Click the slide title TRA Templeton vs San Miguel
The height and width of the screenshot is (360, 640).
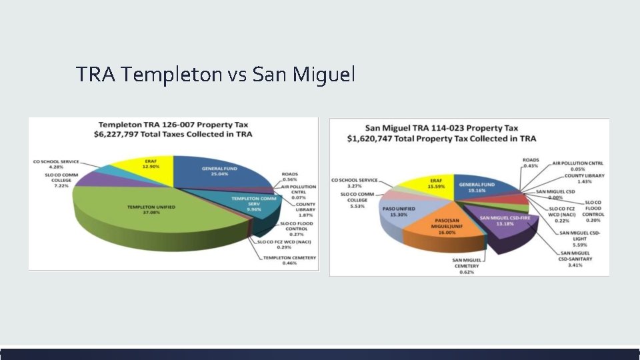[215, 74]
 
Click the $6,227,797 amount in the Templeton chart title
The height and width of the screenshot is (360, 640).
[125, 135]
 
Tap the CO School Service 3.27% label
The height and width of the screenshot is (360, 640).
[354, 183]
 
